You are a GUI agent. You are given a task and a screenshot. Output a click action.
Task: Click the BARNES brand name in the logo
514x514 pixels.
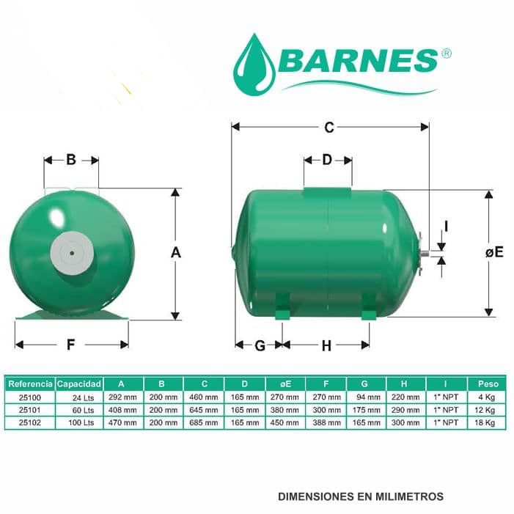point(358,61)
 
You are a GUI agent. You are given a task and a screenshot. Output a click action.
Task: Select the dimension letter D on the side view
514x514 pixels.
point(327,160)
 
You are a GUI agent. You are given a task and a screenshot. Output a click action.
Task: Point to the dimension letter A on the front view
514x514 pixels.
point(175,252)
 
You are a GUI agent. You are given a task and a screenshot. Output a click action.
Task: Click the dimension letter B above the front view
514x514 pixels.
point(71,160)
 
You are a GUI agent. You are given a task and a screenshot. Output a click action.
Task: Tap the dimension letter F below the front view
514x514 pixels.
point(71,345)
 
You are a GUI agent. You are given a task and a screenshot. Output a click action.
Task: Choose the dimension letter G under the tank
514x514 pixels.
point(260,345)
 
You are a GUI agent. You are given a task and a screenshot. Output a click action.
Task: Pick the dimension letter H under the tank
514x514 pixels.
point(326,345)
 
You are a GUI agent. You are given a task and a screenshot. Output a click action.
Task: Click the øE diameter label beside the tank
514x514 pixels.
point(494,252)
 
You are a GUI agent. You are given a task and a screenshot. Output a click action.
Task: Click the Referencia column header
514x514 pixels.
point(30,383)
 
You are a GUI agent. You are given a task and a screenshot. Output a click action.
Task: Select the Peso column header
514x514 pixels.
point(488,383)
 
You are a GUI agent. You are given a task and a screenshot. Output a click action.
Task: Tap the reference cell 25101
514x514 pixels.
point(30,411)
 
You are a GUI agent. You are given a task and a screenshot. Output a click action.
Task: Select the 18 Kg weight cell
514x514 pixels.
point(488,423)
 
